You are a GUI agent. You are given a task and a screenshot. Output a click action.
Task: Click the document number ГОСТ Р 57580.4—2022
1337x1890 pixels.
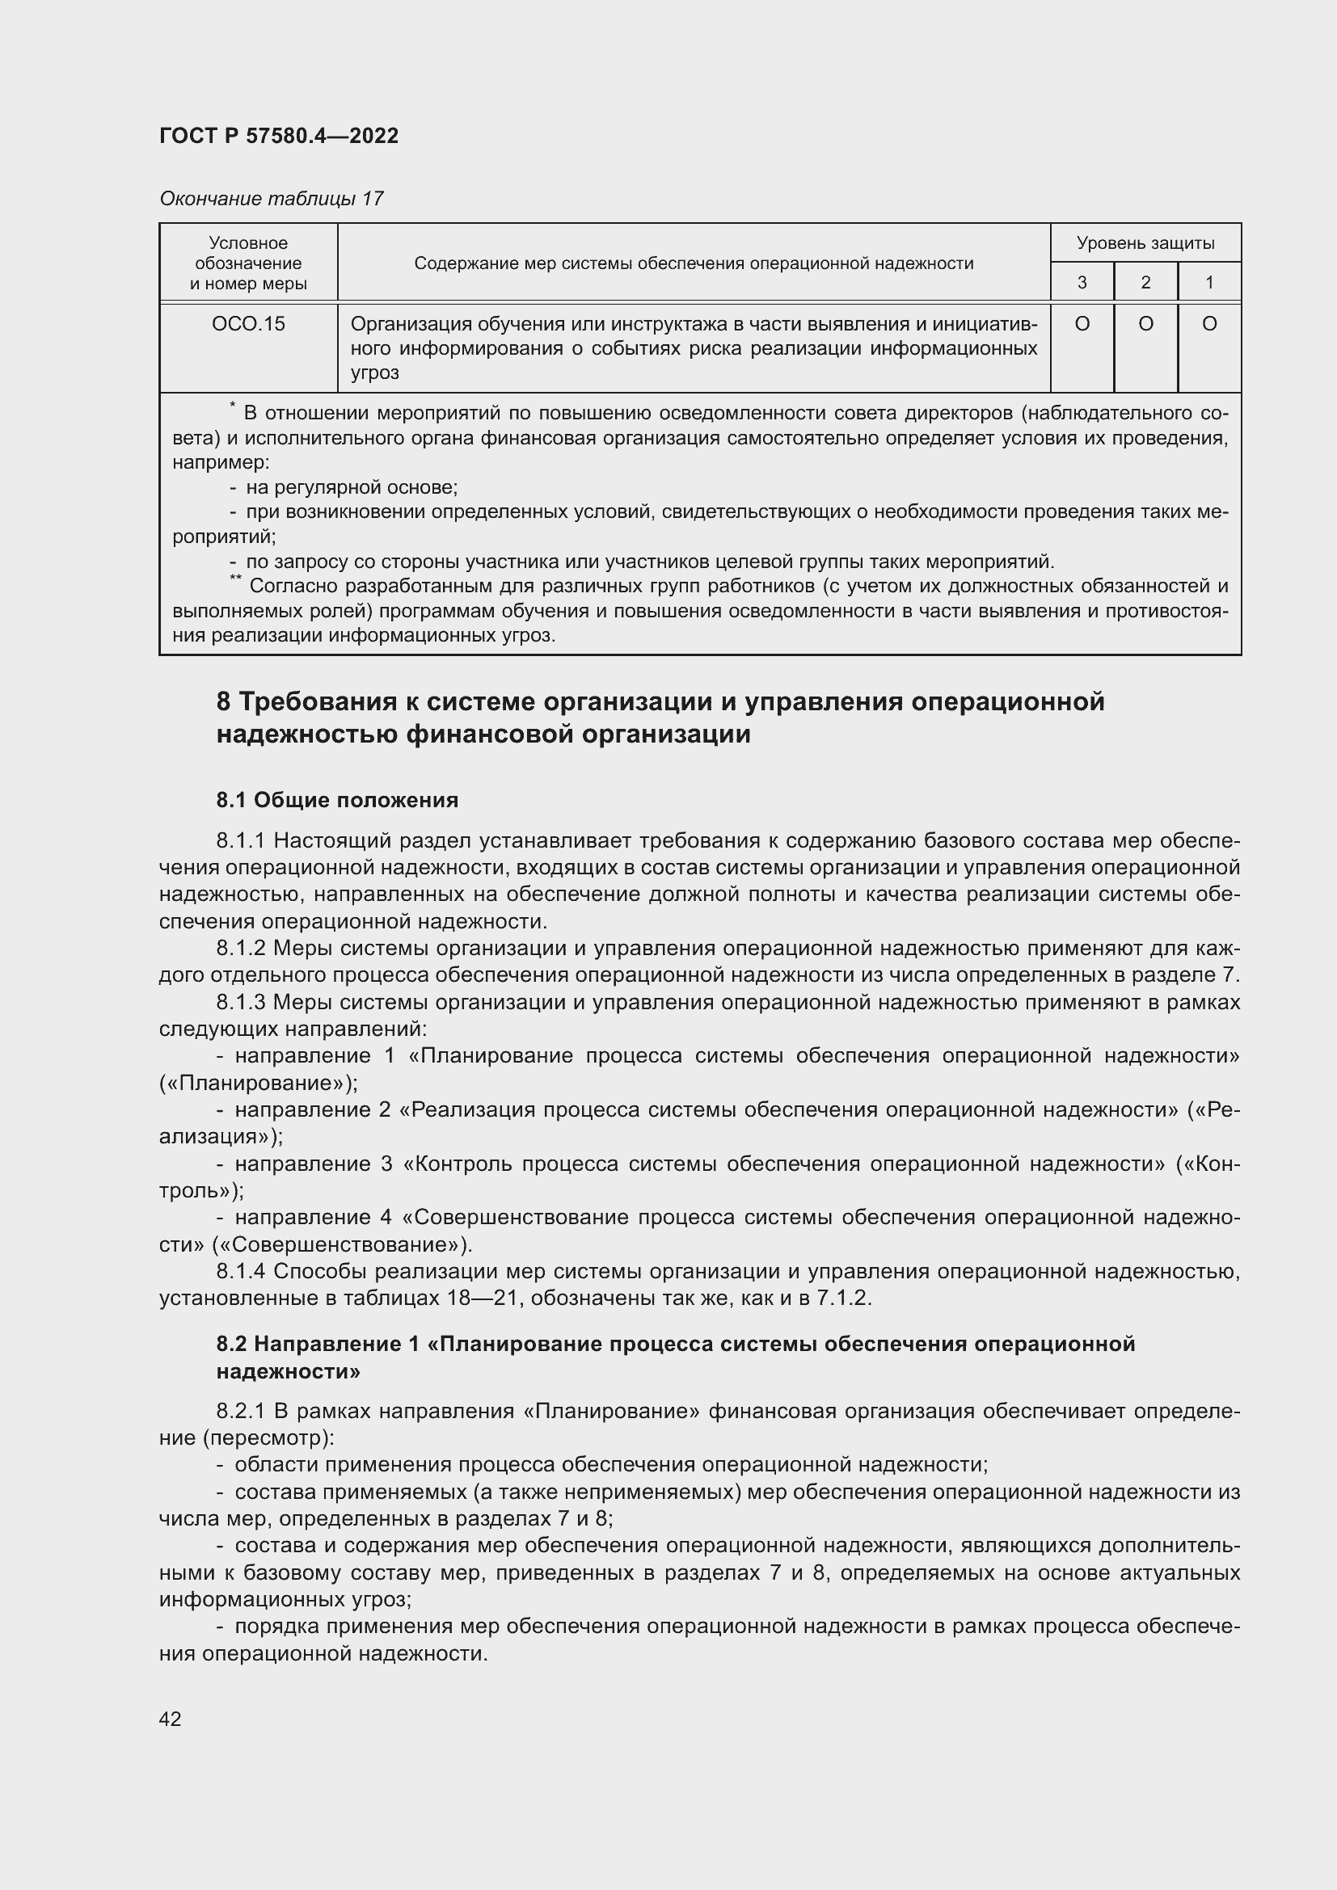pos(278,136)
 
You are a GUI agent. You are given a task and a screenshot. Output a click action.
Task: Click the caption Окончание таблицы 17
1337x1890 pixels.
pos(271,199)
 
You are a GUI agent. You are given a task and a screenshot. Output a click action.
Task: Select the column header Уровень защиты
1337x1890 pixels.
pos(1145,243)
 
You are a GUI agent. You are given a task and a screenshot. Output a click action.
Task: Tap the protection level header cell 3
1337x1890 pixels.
pos(1082,282)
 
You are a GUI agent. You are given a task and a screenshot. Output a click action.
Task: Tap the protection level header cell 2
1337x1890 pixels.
pos(1145,282)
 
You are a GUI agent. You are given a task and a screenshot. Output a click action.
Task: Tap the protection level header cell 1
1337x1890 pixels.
pos(1209,282)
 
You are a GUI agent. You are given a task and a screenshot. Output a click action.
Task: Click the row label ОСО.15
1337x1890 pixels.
pos(248,324)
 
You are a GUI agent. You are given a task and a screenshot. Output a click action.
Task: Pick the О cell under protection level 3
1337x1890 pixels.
pos(1082,324)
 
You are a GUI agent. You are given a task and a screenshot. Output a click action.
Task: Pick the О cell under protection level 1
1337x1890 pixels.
pos(1209,324)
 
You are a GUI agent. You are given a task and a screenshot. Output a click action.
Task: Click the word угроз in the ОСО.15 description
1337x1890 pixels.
pos(374,373)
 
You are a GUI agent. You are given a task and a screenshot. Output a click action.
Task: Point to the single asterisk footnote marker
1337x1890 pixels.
pos(233,406)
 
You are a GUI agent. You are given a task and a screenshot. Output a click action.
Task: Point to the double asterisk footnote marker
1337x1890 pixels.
pos(235,579)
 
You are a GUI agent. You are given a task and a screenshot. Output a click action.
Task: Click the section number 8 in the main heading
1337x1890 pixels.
pos(223,702)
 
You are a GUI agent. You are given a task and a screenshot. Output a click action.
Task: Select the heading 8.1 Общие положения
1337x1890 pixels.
pos(337,799)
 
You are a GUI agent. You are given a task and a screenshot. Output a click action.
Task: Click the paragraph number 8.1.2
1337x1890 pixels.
pos(240,949)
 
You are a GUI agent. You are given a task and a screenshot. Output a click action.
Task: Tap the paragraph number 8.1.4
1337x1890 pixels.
pos(240,1272)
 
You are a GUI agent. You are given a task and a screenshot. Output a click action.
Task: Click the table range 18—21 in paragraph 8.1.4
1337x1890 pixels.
pos(479,1299)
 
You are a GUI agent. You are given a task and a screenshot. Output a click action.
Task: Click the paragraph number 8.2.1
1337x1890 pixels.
pos(240,1411)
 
